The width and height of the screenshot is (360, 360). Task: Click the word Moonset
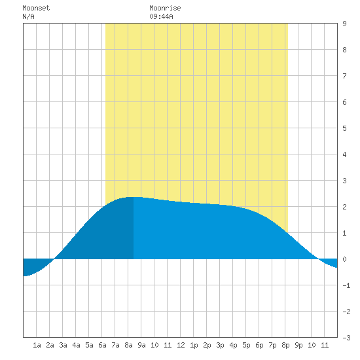pos(36,8)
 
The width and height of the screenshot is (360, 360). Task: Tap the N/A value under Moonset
pos(28,16)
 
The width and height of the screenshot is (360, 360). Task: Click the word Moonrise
pos(165,8)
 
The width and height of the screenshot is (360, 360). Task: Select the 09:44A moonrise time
pos(161,16)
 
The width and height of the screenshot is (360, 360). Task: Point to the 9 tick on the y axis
pos(344,24)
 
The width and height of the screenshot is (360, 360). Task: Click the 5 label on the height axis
pos(344,128)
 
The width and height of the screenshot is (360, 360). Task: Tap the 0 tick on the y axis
pos(344,259)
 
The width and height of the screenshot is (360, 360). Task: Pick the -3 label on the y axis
pos(346,338)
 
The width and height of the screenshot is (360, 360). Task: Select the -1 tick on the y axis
pos(346,285)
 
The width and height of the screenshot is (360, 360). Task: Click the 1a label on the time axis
pos(37,345)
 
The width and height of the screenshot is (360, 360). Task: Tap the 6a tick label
pos(102,345)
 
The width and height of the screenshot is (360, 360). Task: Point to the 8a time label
pos(128,345)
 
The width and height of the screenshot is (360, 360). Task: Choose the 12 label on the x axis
pos(181,345)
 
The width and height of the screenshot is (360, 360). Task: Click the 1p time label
pos(194,345)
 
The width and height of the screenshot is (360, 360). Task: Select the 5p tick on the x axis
pos(246,345)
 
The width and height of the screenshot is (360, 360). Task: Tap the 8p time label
pos(285,345)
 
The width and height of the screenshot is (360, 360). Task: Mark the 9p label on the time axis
pos(298,345)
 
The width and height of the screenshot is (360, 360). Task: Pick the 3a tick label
pos(63,345)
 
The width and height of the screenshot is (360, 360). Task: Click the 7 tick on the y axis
pos(344,76)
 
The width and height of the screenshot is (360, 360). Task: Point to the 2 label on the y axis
pos(344,207)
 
